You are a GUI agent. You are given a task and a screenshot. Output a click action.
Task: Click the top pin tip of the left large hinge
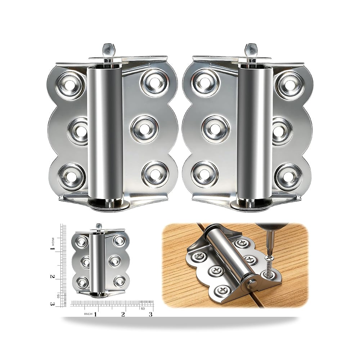pos(107,48)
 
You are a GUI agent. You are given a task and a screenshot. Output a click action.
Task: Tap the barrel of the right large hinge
pos(255,133)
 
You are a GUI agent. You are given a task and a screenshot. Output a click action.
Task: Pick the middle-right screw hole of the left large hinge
pos(145,130)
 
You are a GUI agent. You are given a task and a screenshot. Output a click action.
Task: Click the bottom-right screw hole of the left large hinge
pos(155,175)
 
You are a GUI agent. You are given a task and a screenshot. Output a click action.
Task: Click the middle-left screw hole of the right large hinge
pos(215,130)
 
